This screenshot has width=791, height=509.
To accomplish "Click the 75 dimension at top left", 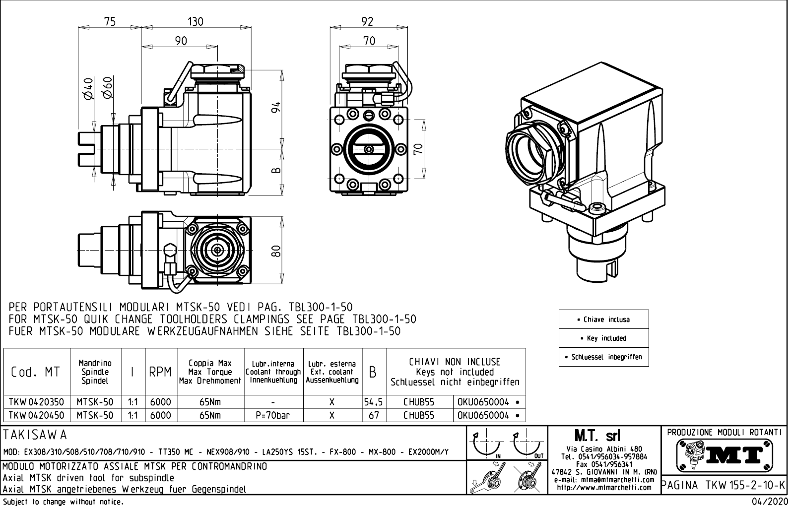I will (110, 21).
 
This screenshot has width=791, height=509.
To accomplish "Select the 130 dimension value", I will (195, 21).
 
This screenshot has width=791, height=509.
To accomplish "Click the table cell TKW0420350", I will (37, 402).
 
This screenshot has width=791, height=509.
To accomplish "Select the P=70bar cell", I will (273, 415).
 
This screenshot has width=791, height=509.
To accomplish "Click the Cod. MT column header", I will (35, 372).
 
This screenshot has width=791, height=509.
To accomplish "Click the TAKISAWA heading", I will (35, 435).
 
